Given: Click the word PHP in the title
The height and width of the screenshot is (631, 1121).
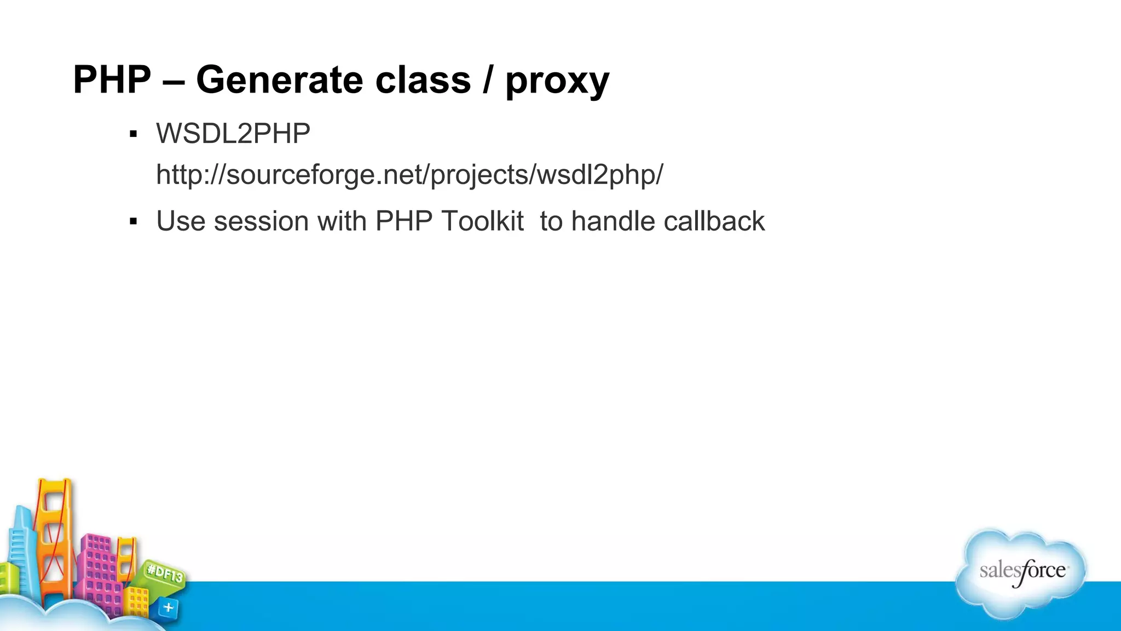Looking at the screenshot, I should pos(112,81).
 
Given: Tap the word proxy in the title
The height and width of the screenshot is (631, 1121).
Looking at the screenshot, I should pos(557,82).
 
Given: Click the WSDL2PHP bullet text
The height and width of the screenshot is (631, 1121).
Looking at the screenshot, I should pos(233,134).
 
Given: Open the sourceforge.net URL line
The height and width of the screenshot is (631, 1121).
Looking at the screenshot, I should pos(409,175).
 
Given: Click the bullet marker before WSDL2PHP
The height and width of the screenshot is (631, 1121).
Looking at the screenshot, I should pos(133,134).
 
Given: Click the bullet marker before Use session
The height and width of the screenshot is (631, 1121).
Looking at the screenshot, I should pos(133,222).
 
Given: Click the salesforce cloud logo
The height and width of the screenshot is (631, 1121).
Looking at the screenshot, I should pos(1021,572).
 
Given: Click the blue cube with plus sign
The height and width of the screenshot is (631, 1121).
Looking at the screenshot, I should pos(168,607).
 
